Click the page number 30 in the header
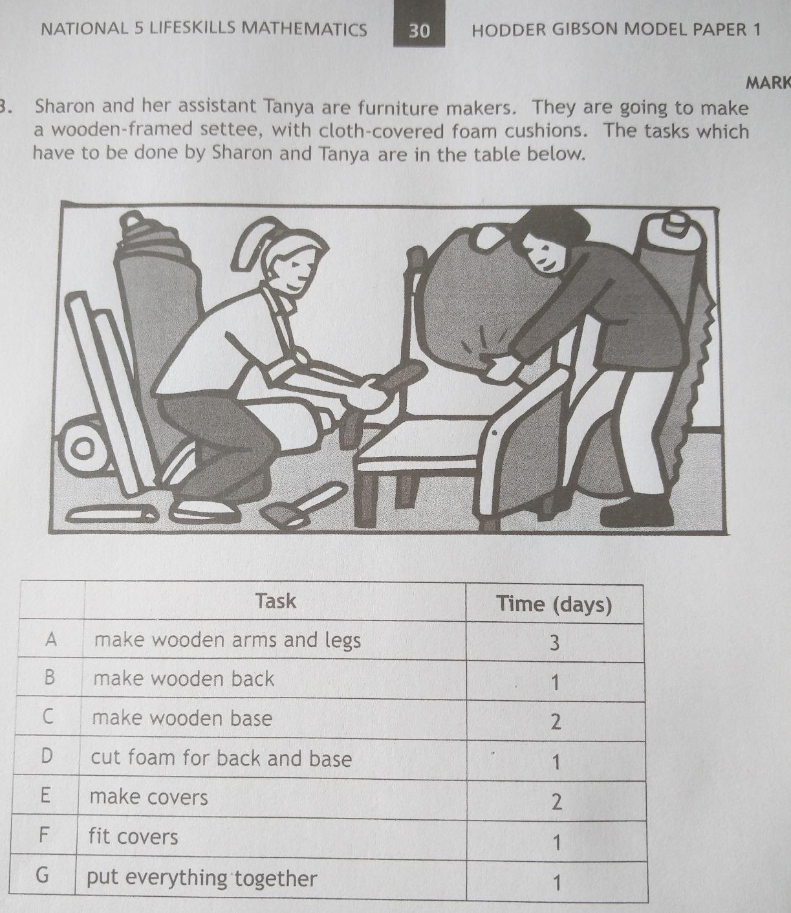pos(419,30)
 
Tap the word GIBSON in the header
pos(578,30)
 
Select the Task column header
pos(276,601)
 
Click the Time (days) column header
pos(554,604)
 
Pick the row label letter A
pos(52,640)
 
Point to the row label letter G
pos(42,875)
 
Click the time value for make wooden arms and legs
pos(554,643)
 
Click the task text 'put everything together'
pos(202,878)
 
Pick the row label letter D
pos(45,756)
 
